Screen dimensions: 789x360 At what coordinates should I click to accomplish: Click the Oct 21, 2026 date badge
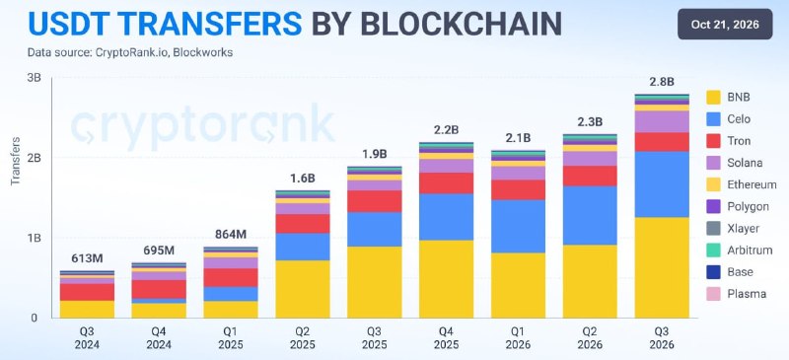click(725, 25)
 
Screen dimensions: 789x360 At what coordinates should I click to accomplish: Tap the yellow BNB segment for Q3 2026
click(662, 267)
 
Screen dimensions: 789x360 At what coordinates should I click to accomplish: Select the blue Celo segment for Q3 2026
click(662, 184)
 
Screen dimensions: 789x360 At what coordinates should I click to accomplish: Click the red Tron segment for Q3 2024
click(87, 292)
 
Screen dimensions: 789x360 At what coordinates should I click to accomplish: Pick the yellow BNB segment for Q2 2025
click(303, 289)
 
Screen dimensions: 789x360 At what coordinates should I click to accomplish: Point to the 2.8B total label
click(662, 82)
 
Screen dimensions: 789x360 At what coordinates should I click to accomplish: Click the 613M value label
click(87, 258)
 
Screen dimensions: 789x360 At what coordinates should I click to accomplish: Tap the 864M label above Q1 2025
click(231, 235)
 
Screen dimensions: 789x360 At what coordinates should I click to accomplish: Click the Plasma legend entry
click(736, 294)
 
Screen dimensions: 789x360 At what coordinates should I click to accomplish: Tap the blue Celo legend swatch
click(713, 118)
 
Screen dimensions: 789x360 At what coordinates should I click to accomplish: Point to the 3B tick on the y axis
click(35, 78)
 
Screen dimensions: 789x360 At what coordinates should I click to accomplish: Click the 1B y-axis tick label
click(35, 238)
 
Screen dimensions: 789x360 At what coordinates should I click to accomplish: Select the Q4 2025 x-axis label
click(447, 339)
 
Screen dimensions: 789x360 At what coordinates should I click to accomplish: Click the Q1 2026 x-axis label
click(519, 339)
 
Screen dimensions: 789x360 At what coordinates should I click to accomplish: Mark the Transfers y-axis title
click(15, 161)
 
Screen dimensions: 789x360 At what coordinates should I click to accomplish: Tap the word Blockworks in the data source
click(203, 52)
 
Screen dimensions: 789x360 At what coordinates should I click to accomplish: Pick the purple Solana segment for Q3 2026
click(662, 122)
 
